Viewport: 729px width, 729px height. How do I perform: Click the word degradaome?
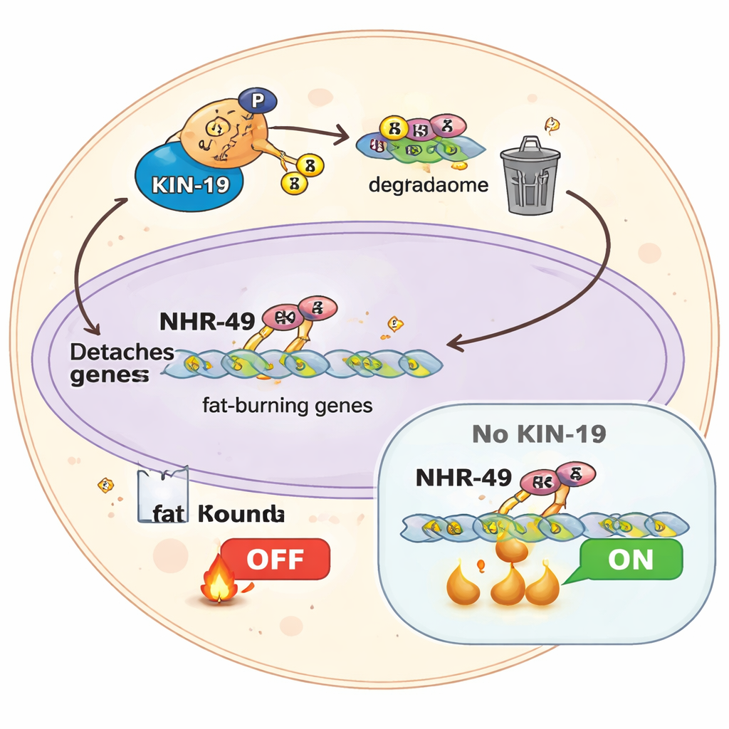(428, 186)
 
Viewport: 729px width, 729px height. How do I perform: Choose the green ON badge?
(630, 559)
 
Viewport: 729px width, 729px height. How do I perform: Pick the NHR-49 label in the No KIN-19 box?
(463, 477)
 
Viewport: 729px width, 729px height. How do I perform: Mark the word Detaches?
(121, 352)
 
